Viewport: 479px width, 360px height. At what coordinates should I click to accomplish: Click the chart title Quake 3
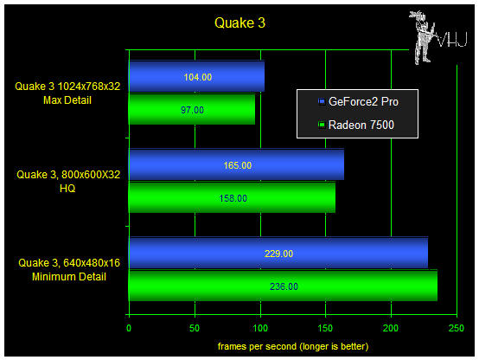click(239, 23)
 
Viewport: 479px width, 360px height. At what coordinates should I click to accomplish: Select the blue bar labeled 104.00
click(197, 76)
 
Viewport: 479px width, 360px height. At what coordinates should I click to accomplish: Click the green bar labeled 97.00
click(192, 109)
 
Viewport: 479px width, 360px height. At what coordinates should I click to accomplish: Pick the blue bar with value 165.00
click(236, 164)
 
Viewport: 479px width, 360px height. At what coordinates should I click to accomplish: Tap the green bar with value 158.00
click(233, 197)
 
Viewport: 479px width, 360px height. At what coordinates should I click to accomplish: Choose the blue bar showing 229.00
click(278, 253)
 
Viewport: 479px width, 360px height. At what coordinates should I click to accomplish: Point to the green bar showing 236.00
click(284, 286)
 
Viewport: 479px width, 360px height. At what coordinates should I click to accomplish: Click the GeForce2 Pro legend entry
click(358, 101)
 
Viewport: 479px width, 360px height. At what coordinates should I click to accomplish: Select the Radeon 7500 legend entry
click(356, 125)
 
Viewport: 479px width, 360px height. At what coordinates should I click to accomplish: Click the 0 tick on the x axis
click(129, 328)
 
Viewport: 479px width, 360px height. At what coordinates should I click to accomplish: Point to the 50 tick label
click(195, 328)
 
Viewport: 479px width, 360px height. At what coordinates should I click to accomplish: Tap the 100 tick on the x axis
click(260, 328)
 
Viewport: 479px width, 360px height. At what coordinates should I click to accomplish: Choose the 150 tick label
click(325, 328)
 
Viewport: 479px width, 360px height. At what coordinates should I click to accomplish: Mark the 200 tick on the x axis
click(391, 328)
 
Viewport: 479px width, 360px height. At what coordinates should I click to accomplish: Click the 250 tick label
click(457, 328)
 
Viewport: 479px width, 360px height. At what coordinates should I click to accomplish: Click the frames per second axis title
click(293, 346)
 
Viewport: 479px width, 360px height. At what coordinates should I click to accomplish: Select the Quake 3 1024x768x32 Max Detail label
click(67, 93)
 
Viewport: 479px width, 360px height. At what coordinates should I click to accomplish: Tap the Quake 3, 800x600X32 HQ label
click(68, 182)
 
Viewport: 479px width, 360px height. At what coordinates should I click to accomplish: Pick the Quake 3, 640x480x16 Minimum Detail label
click(69, 270)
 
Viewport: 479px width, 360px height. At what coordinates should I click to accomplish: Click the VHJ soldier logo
click(437, 37)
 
